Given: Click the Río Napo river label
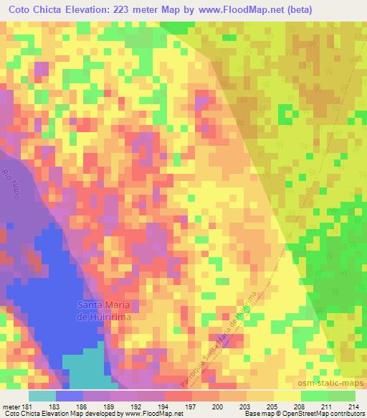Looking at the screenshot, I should click(10, 185).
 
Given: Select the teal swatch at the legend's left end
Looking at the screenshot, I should click(42, 396).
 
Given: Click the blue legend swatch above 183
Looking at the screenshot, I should click(70, 396).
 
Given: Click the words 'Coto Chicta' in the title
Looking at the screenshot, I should click(35, 10).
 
